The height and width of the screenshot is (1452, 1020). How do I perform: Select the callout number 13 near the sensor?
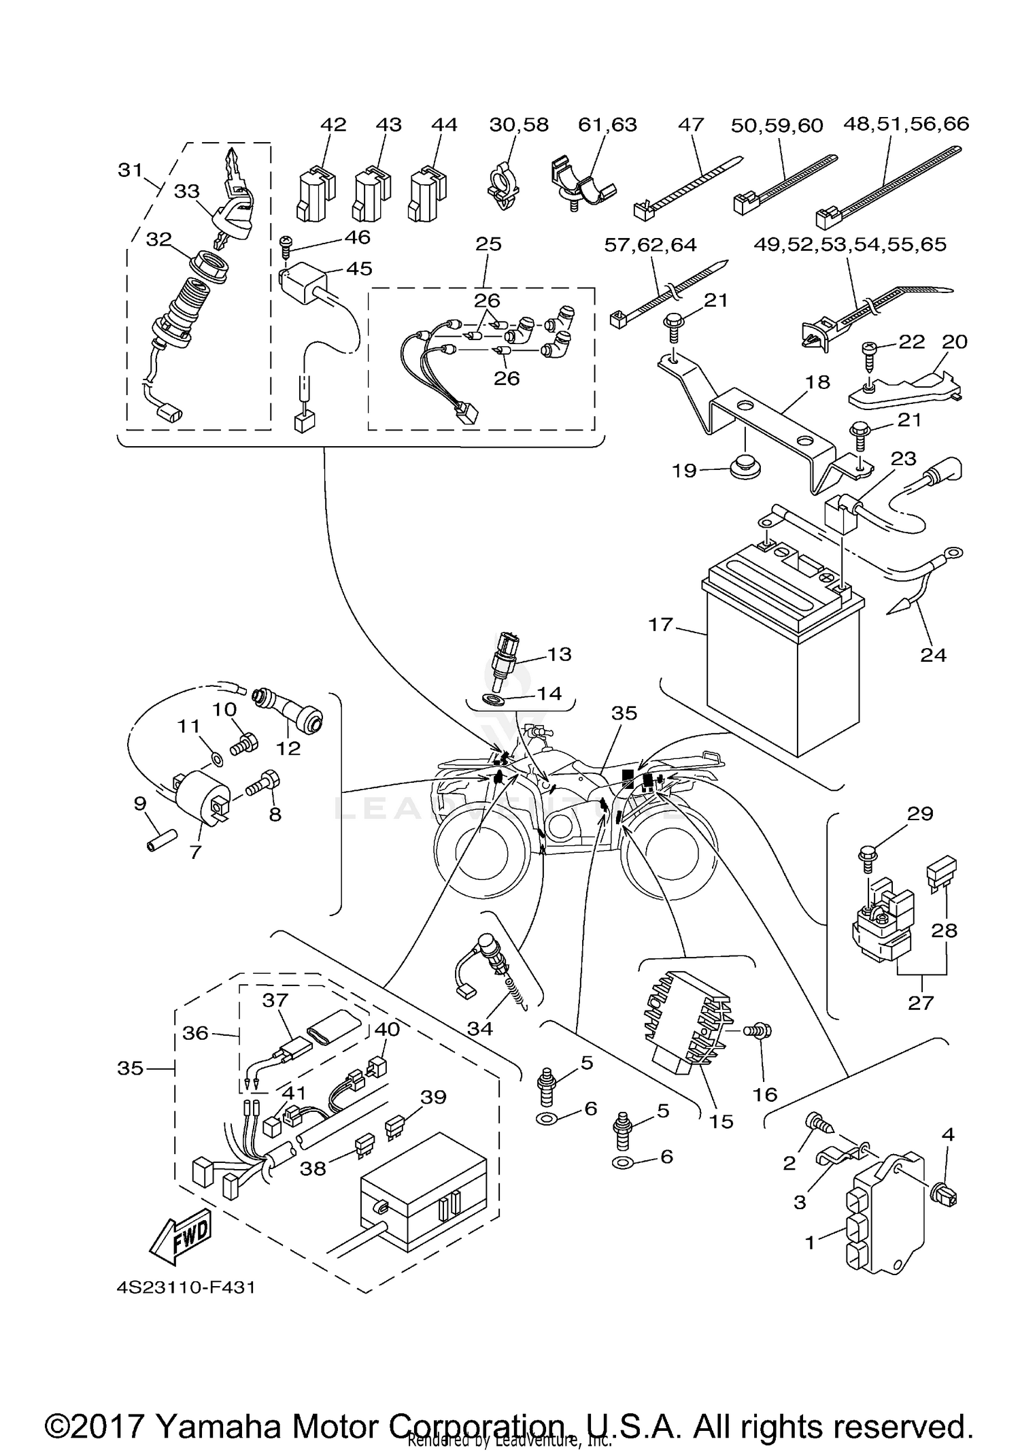(559, 654)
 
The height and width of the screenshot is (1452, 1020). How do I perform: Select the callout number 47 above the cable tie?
(691, 124)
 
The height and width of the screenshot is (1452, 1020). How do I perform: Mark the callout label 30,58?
(519, 124)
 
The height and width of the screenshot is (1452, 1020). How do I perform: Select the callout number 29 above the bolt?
(920, 813)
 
